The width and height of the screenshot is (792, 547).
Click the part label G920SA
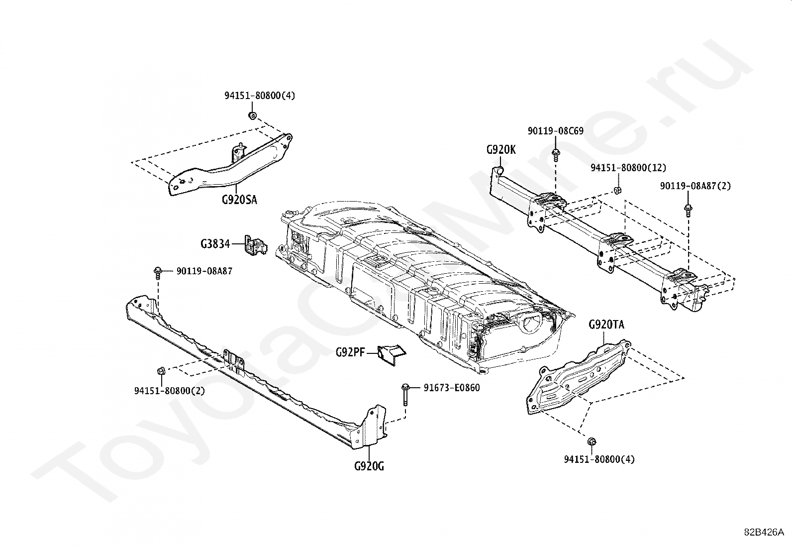(x=239, y=200)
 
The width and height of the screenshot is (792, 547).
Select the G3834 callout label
(x=215, y=244)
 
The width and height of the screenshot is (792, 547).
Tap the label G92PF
(x=350, y=353)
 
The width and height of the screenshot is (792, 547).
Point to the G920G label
(x=369, y=466)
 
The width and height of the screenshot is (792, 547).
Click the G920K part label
(x=501, y=149)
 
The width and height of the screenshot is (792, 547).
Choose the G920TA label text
(x=606, y=325)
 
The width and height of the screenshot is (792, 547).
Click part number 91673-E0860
(x=452, y=388)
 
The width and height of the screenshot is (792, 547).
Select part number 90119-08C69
(x=556, y=131)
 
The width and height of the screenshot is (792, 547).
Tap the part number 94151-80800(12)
(x=628, y=168)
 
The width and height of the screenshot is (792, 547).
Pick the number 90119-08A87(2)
(x=695, y=186)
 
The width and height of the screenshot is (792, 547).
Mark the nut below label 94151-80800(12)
(x=616, y=190)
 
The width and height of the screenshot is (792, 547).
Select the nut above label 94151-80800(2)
(x=161, y=371)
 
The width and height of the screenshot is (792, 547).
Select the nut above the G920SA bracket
(x=252, y=116)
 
